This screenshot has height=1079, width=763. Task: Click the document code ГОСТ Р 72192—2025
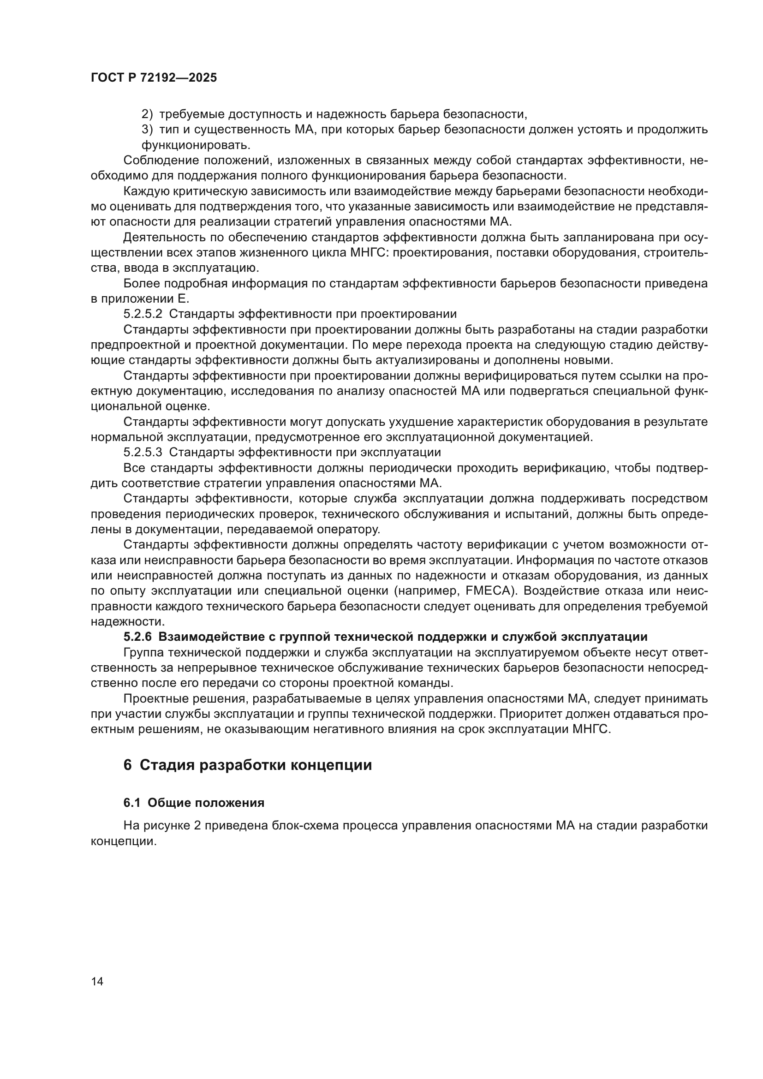click(154, 77)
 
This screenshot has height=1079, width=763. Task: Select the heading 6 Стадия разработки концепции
click(248, 764)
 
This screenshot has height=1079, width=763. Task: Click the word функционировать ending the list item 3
click(196, 145)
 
